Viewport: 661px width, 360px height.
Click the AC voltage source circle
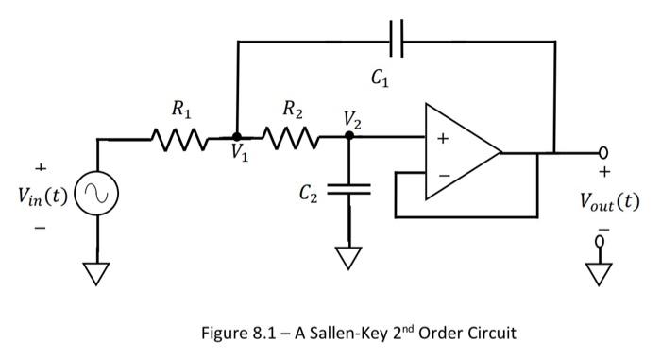97,196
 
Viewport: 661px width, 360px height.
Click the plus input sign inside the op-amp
441,138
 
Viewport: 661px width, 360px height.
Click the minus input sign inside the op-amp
441,174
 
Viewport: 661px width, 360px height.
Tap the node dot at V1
237,138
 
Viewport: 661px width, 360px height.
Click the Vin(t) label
42,197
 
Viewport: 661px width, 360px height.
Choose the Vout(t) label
608,201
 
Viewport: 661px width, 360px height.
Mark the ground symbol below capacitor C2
348,257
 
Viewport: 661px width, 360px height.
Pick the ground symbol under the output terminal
597,272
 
